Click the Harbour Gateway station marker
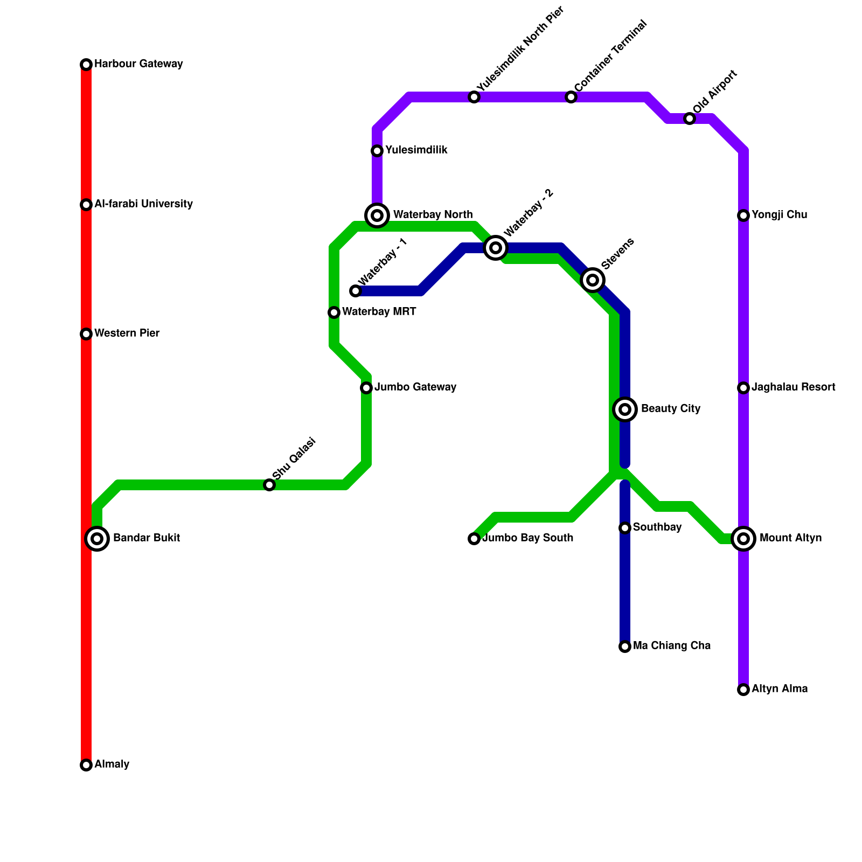point(86,65)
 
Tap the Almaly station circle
point(86,765)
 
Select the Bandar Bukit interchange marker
point(97,539)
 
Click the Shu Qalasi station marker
point(269,485)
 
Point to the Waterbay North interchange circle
point(377,215)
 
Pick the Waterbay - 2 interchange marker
point(496,248)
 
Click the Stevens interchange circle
point(593,280)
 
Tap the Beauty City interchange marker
point(625,409)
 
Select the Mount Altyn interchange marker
point(743,539)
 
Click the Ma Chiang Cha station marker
point(625,646)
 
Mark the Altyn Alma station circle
point(743,690)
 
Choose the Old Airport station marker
point(690,119)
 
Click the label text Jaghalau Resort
point(793,387)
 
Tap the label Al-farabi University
point(143,204)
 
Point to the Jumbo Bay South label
point(527,538)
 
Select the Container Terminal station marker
point(571,97)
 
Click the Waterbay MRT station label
point(379,312)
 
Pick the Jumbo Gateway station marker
point(366,388)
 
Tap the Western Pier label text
point(127,333)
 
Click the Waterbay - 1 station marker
point(356,291)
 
